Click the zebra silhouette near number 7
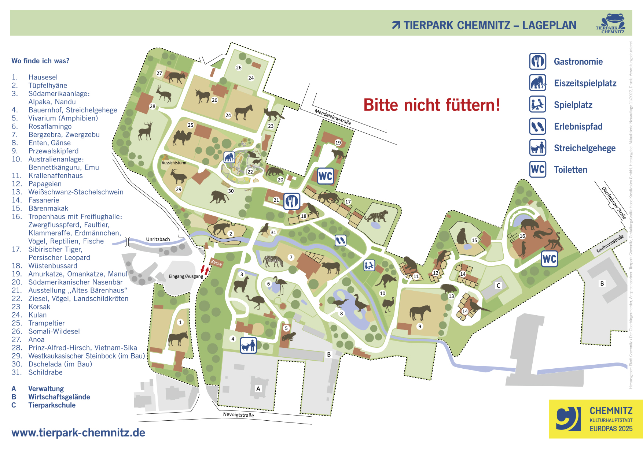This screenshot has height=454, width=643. [273, 261]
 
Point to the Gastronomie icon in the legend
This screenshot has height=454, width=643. [537, 62]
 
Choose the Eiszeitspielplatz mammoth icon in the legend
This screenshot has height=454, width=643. [537, 83]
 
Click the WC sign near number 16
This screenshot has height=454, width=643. [549, 259]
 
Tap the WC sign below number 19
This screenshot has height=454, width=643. [325, 176]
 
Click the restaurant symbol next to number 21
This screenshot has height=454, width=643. [292, 201]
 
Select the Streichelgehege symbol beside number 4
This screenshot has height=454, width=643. [248, 345]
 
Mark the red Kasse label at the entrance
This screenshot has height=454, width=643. [216, 263]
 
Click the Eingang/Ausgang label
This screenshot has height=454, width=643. [185, 276]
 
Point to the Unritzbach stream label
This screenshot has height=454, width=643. [158, 239]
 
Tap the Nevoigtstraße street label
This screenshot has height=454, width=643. [238, 415]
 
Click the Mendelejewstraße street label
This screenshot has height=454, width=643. [333, 117]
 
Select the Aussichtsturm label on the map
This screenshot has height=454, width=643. [174, 163]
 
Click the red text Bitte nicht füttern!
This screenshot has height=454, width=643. [431, 105]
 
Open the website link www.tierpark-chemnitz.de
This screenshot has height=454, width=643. [78, 433]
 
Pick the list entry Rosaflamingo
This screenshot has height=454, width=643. [50, 126]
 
